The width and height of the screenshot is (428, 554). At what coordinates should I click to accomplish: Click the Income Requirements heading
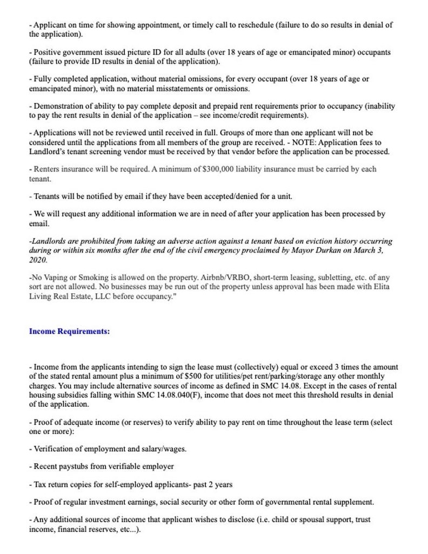[69, 332]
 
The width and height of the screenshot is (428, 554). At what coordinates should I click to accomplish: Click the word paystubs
[71, 466]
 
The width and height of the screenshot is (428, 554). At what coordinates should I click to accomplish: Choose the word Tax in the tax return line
[40, 484]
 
